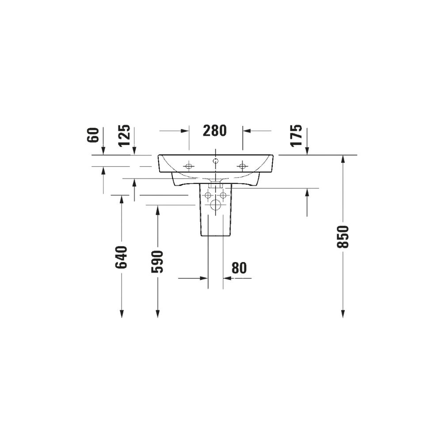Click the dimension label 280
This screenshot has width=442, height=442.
pyautogui.click(x=214, y=130)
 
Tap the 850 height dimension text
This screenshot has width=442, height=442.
pyautogui.click(x=343, y=237)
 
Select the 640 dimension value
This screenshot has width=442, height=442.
pyautogui.click(x=122, y=257)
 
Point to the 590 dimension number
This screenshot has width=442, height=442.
pyautogui.click(x=158, y=262)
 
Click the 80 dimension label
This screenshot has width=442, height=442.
pyautogui.click(x=239, y=268)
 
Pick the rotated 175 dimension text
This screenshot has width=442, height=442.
pyautogui.click(x=296, y=136)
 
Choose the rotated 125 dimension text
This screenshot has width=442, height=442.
pyautogui.click(x=124, y=136)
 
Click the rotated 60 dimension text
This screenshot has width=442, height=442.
pyautogui.click(x=93, y=135)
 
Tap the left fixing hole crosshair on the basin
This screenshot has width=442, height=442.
pyautogui.click(x=189, y=166)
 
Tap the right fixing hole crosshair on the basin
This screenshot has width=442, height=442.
pyautogui.click(x=242, y=166)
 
